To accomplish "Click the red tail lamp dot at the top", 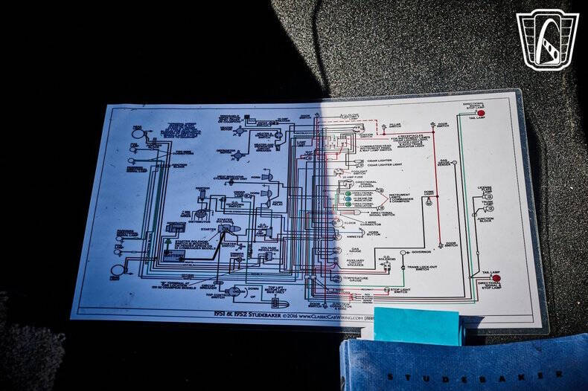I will (x=481, y=114).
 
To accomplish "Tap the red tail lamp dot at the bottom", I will (x=496, y=278).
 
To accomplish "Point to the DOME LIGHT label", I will (x=429, y=194).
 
